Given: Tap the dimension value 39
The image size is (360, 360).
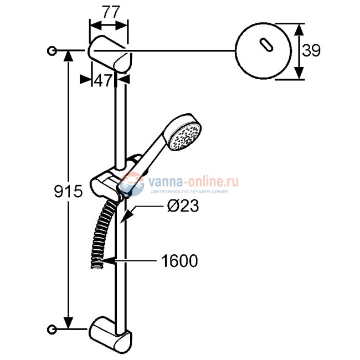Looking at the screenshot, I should pyautogui.click(x=312, y=51).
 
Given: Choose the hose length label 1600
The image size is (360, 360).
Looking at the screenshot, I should pyautogui.click(x=179, y=260).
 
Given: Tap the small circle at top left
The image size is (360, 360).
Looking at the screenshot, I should pyautogui.click(x=52, y=51).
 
